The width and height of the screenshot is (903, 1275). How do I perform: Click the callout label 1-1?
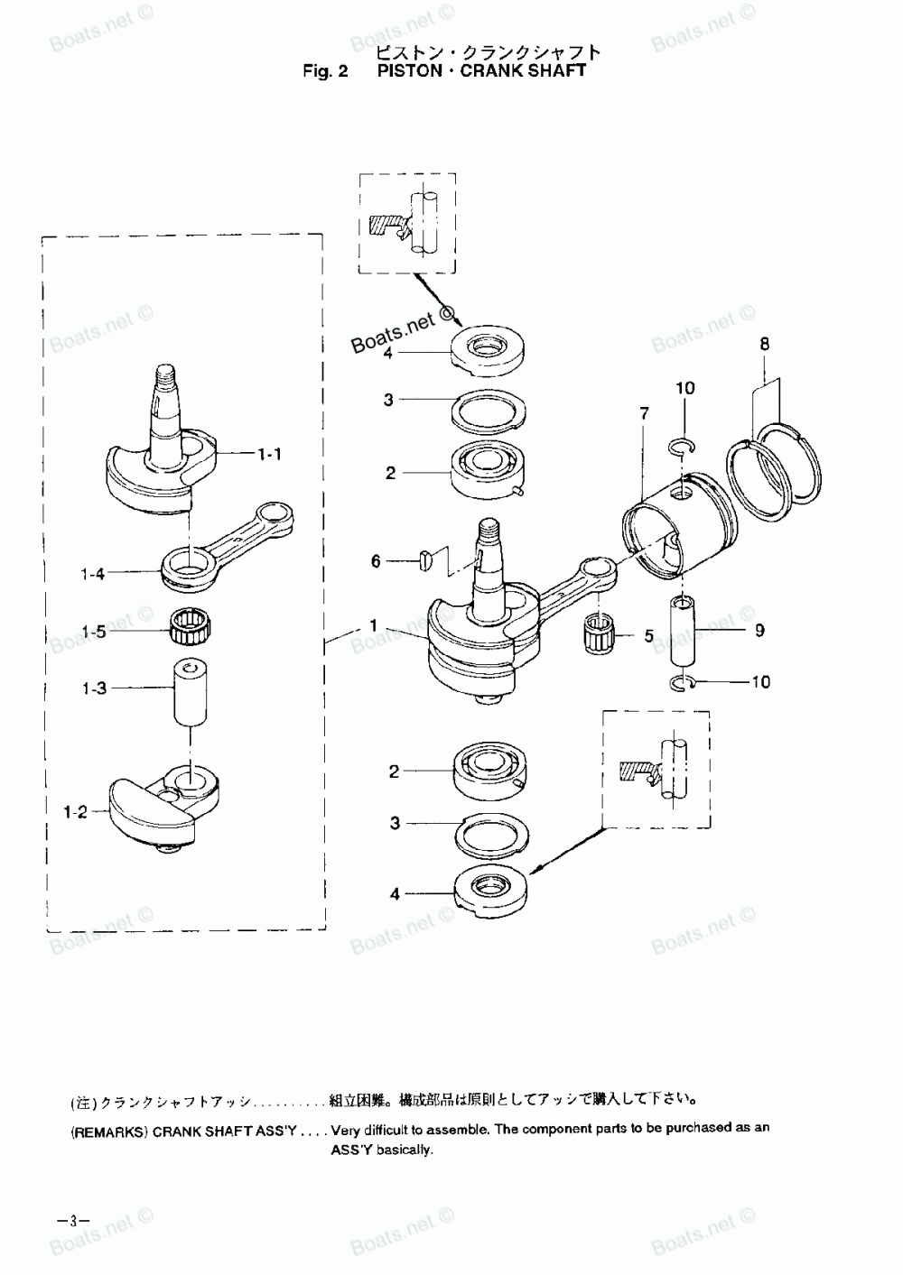(x=268, y=455)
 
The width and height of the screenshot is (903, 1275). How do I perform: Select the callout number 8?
(x=765, y=344)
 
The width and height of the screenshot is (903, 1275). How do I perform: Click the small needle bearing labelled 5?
(x=598, y=628)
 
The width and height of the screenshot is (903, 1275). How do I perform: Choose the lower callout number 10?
(x=760, y=682)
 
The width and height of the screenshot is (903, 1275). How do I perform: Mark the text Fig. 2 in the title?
(x=325, y=71)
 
